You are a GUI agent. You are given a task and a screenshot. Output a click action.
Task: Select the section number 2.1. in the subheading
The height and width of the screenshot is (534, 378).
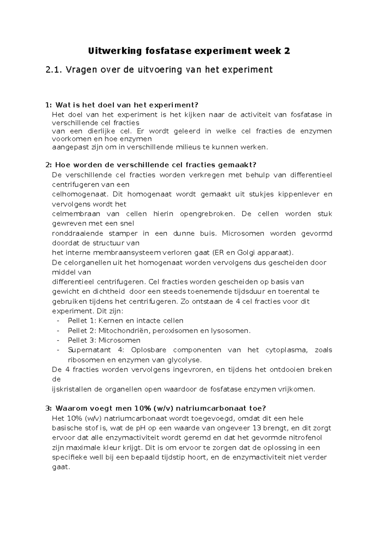point(54,70)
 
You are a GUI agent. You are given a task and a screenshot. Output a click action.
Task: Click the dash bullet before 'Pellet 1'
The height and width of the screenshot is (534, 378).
point(58,321)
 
